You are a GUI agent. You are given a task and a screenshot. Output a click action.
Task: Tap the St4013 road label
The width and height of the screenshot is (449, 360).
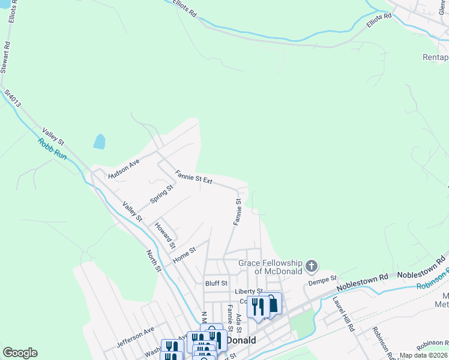coord(12,99)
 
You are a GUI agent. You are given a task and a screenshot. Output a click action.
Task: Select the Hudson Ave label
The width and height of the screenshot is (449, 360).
coord(124,169)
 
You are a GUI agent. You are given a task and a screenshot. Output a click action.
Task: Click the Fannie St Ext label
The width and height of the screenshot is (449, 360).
coord(194,177)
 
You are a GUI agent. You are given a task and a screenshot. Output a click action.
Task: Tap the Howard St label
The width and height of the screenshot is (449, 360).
coord(164,235)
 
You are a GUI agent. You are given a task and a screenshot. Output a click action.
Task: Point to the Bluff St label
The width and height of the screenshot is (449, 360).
coord(216,283)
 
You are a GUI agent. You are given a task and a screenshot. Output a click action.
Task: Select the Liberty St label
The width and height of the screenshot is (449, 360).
coord(246,292)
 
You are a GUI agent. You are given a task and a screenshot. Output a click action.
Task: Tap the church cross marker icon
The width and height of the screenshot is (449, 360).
coord(311,266)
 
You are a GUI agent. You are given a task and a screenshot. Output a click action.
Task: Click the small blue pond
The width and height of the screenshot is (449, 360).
coord(99,142)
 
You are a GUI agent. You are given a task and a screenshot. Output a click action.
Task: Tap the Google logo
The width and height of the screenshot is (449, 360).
coord(20,353)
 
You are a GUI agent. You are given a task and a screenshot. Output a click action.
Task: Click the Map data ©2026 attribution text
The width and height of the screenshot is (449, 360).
coord(423,355)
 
